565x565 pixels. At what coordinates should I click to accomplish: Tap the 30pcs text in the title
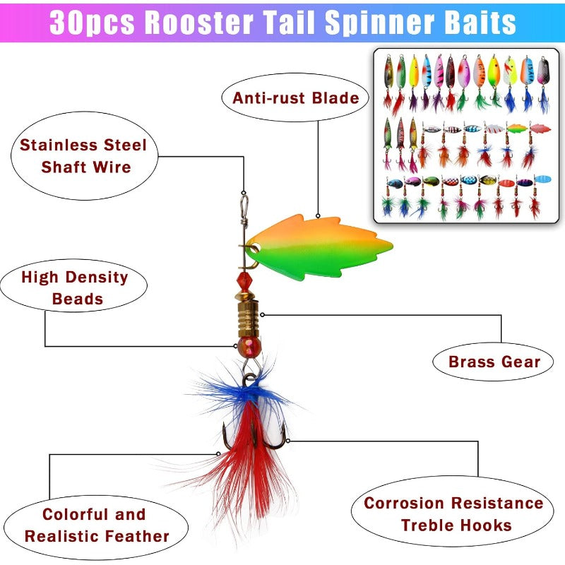[x=93, y=23]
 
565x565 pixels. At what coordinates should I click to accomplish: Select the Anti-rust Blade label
[x=296, y=98]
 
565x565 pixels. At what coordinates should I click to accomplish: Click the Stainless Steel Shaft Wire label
[x=83, y=155]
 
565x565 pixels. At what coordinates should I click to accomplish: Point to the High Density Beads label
[x=75, y=287]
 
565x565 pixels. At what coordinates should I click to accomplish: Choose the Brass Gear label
[x=494, y=362]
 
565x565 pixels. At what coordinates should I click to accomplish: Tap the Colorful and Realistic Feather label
[x=97, y=525]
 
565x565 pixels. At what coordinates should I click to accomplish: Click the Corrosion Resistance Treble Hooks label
[x=453, y=513]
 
